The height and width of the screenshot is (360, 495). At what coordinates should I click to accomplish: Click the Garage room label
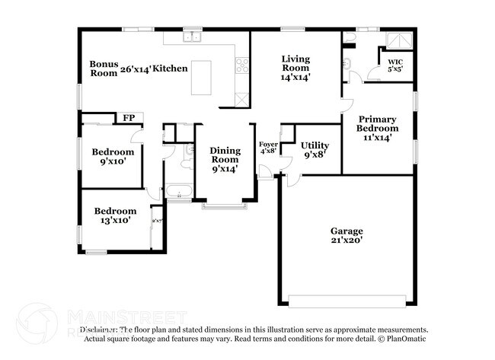tap(346, 231)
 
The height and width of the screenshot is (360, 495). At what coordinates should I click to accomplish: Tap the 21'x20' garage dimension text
tap(346, 240)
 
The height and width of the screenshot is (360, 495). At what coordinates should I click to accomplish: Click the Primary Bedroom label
tap(378, 123)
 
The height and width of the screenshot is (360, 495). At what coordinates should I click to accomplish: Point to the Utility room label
tap(314, 145)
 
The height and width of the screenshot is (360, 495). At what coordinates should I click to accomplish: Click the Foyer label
tap(268, 144)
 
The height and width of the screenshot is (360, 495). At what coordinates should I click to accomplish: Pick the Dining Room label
tap(225, 155)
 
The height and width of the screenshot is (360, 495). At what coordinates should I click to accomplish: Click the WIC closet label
tap(395, 62)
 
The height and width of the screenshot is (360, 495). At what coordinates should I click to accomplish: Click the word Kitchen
tap(170, 68)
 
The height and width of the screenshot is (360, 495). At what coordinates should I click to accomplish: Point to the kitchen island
tap(201, 78)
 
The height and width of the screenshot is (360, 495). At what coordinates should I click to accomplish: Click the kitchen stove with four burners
tap(243, 65)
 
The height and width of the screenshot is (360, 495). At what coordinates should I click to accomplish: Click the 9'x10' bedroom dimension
tap(113, 161)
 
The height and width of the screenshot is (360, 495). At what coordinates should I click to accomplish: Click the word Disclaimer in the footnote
tap(103, 330)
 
